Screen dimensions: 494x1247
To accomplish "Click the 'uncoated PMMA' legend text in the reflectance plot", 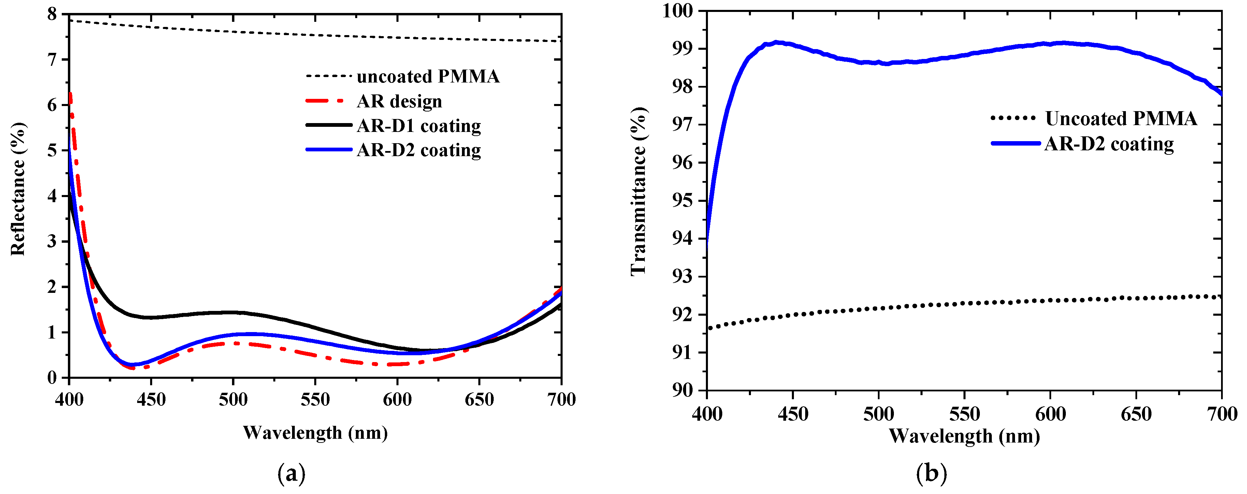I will (428, 76).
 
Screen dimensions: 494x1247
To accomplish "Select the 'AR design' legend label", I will (400, 102).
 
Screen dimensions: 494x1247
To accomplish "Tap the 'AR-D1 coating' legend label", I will (419, 126).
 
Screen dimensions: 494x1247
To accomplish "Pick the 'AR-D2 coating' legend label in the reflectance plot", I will (419, 150).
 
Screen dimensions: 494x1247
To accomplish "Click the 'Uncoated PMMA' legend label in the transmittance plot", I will (1121, 119).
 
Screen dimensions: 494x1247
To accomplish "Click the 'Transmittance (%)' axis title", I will (638, 192).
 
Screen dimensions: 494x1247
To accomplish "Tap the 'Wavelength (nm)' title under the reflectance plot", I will (315, 433).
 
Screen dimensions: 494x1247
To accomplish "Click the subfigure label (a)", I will (291, 474).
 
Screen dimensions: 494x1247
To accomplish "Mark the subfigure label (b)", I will (931, 474).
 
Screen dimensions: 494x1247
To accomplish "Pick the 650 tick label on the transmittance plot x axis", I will (1136, 415).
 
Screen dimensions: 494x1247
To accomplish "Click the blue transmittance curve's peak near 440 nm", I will (776, 43).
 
